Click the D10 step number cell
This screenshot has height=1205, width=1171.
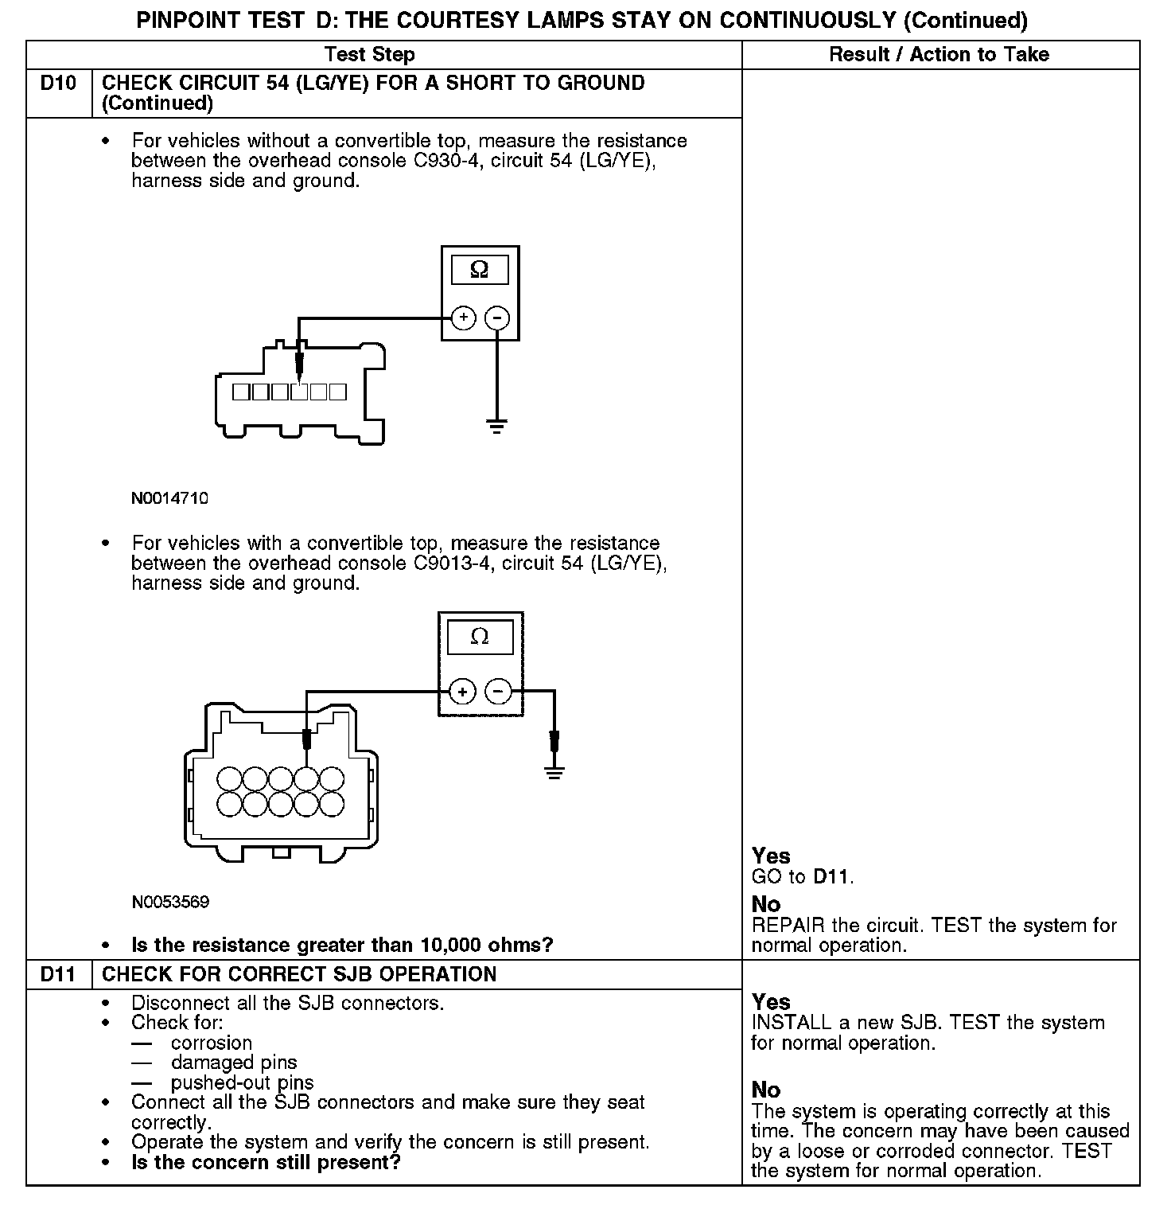59,84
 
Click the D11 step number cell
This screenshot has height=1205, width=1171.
59,974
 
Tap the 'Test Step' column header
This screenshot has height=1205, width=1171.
370,55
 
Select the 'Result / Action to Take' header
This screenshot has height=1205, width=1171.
939,55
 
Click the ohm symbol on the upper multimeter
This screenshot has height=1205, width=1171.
479,270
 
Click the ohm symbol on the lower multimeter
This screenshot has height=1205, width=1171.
480,637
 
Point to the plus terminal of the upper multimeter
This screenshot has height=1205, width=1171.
463,318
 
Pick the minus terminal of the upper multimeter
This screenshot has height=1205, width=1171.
496,318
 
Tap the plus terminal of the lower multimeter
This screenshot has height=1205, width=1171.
462,691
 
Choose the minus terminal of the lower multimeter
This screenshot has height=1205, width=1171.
498,691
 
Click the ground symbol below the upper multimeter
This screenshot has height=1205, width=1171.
496,426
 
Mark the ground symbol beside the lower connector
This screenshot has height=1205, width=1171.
554,771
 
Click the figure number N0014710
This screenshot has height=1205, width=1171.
170,499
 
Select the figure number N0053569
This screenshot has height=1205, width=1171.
170,902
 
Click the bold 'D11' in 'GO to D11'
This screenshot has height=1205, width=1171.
831,877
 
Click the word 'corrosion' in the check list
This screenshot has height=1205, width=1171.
212,1043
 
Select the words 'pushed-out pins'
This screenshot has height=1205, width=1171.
242,1082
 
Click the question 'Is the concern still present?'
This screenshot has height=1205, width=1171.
266,1162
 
